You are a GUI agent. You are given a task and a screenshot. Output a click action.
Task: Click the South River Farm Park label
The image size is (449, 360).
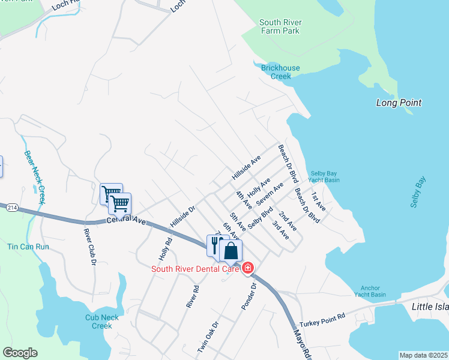click(x=280, y=27)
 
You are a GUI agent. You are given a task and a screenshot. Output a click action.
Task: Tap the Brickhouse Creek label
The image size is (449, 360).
click(x=280, y=72)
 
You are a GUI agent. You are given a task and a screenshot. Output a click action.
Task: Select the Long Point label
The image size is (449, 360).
click(x=399, y=103)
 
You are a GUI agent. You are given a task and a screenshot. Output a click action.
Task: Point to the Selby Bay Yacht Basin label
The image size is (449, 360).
click(x=324, y=176)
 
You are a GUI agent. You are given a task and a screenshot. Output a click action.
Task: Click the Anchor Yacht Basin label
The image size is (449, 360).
click(x=370, y=290)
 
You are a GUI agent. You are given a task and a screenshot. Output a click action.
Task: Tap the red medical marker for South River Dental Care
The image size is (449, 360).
click(x=247, y=269)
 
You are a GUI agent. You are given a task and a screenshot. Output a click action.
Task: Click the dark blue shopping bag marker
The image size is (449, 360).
click(x=231, y=251)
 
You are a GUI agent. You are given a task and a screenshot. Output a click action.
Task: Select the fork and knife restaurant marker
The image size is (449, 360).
click(x=216, y=244)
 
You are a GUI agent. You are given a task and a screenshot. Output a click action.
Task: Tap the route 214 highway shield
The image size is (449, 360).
click(x=11, y=208)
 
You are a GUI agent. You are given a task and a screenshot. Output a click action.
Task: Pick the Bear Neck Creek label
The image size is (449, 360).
click(x=35, y=177)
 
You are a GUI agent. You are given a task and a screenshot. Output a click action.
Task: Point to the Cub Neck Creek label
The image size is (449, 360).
click(x=98, y=322)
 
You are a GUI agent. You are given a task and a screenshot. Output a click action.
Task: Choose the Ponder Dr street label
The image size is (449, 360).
click(x=249, y=296)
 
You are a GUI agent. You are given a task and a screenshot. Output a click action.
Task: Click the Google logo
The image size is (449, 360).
click(x=20, y=353)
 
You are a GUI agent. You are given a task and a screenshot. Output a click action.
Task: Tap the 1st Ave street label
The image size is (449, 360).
click(x=318, y=202)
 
